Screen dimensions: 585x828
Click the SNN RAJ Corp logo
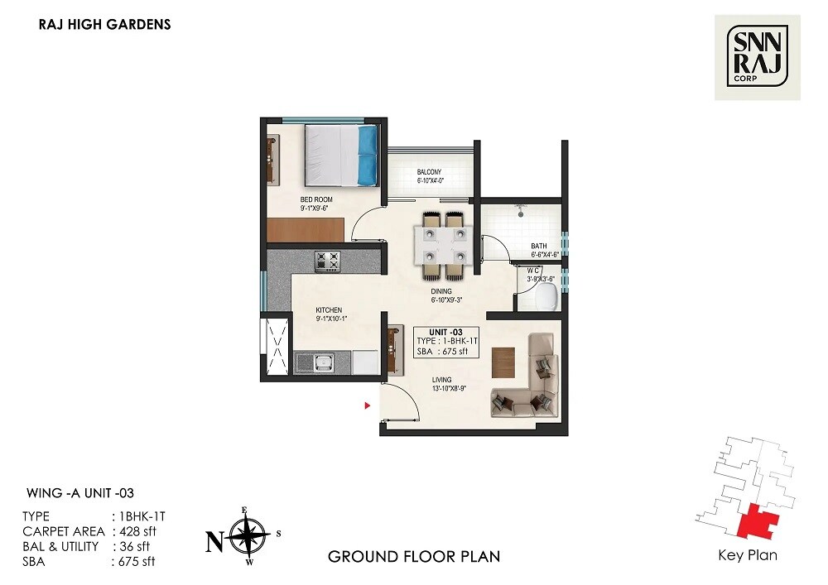(757, 57)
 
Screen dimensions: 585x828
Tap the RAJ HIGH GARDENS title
(104, 25)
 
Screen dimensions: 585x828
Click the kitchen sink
(315, 362)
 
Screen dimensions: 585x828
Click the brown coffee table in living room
(503, 362)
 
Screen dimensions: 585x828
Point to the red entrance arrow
(368, 405)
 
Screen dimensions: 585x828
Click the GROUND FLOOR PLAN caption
(414, 556)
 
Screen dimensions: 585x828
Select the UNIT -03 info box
(445, 342)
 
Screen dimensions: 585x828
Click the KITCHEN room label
(328, 310)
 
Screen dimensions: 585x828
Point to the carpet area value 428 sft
(137, 531)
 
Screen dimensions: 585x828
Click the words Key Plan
(748, 555)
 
